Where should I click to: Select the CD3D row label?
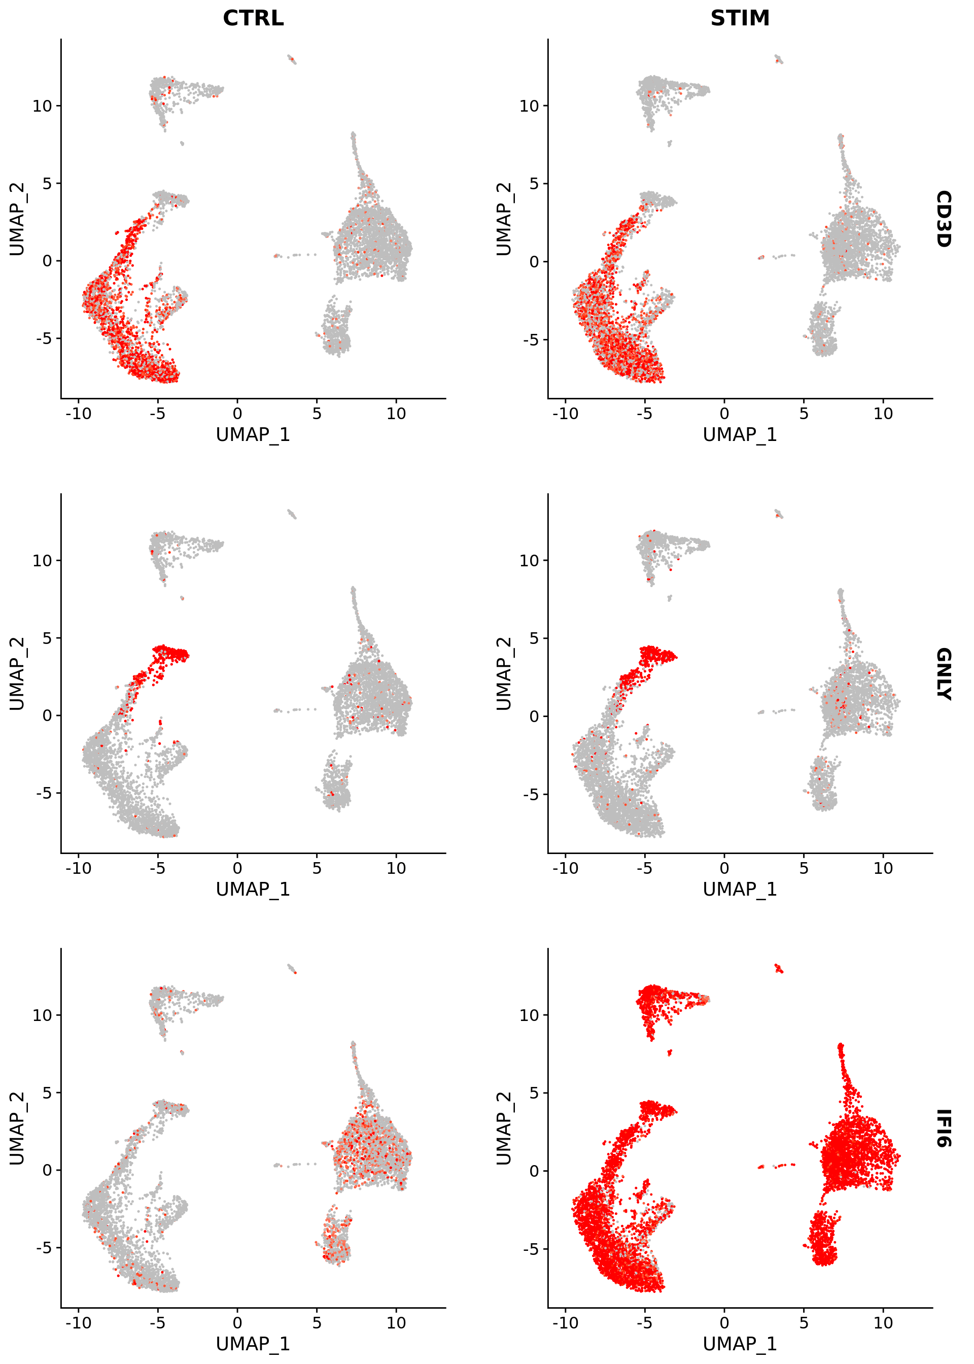coord(943,219)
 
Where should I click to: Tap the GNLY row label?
coord(943,673)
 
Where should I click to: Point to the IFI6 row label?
coord(943,1128)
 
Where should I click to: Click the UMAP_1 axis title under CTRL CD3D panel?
coord(253,434)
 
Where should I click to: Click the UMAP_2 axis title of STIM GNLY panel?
coord(504,673)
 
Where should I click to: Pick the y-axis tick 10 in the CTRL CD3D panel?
coord(43,106)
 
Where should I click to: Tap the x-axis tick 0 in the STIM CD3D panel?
coord(724,413)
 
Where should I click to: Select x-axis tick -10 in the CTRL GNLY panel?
coord(78,868)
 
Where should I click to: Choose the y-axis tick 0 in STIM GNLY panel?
coord(534,715)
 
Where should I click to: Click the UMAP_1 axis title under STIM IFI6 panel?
coord(740,1344)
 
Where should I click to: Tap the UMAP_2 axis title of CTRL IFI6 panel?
coord(17,1128)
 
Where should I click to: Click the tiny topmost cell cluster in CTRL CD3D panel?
coord(292,59)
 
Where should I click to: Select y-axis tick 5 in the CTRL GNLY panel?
coord(47,638)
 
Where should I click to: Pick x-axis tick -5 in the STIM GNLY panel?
coord(644,868)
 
